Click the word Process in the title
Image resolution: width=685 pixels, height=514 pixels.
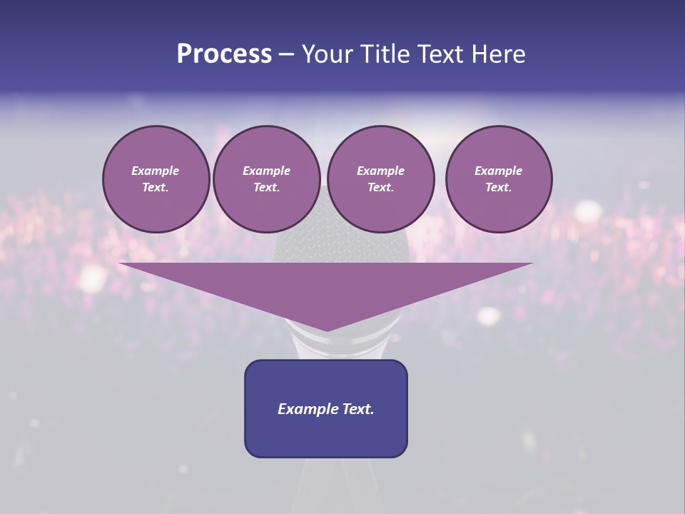pyautogui.click(x=224, y=54)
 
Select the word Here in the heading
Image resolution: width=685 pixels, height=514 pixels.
pyautogui.click(x=497, y=54)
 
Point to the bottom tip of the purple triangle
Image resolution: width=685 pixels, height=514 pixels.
pyautogui.click(x=327, y=329)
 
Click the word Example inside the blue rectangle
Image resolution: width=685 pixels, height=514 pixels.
pyautogui.click(x=307, y=409)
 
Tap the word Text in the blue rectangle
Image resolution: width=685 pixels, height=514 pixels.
pyautogui.click(x=357, y=409)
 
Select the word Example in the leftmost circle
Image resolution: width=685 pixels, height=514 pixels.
pyautogui.click(x=156, y=171)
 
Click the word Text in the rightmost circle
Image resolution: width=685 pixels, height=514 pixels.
pyautogui.click(x=498, y=187)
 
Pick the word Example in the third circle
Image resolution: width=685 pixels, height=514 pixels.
pyautogui.click(x=380, y=171)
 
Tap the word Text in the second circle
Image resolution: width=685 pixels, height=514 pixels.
pyautogui.click(x=266, y=187)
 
